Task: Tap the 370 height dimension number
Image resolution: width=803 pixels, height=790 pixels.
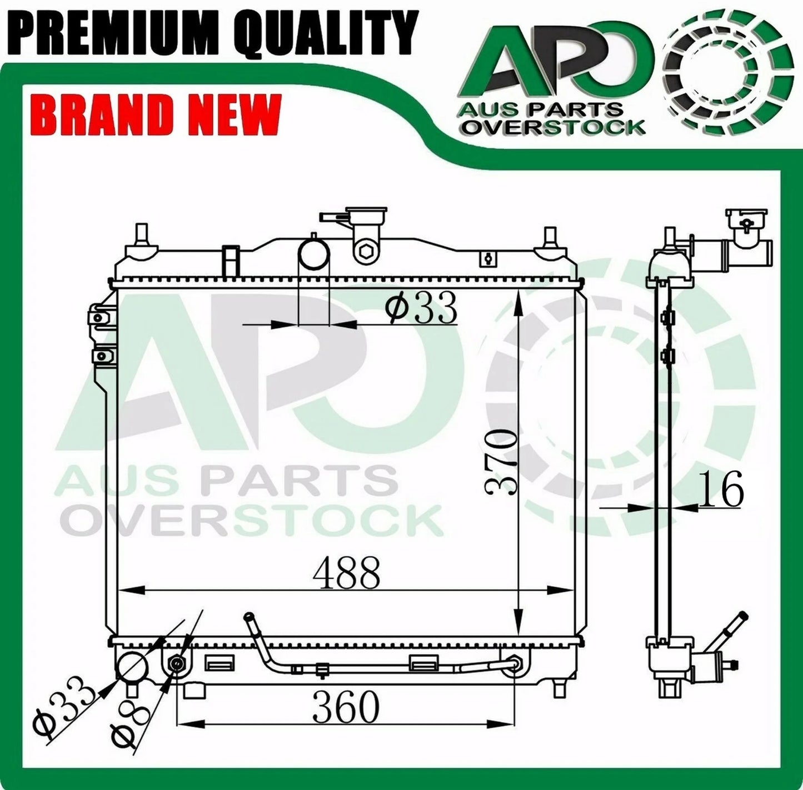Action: (x=502, y=462)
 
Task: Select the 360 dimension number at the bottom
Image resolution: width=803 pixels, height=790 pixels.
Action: (x=345, y=707)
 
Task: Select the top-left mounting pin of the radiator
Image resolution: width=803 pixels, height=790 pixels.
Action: (x=141, y=236)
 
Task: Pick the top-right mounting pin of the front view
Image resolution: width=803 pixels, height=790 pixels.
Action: (x=550, y=236)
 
